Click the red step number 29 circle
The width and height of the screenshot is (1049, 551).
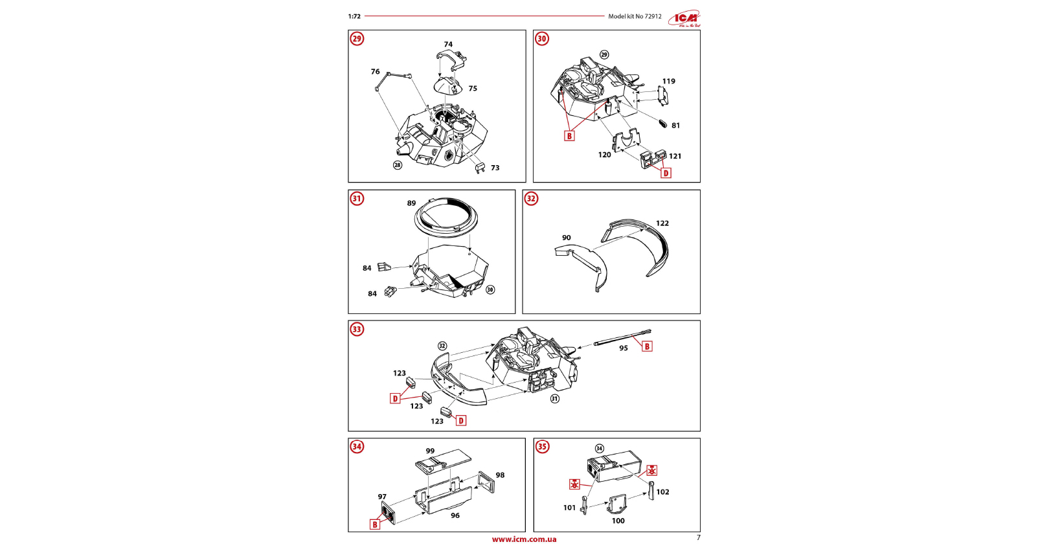pos(357,39)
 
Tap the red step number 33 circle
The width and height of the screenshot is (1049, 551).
pos(357,330)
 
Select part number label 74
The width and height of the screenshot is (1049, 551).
pos(448,45)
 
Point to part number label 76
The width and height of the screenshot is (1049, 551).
pos(376,72)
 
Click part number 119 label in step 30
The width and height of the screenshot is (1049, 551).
pos(669,82)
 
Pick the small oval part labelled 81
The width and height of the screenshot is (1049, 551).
pos(662,123)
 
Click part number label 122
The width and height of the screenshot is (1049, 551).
pos(662,223)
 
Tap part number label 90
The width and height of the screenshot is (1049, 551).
pos(567,238)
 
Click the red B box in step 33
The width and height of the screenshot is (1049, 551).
pos(647,346)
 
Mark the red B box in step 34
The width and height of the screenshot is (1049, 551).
pos(375,524)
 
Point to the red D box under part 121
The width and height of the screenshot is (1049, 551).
pos(666,173)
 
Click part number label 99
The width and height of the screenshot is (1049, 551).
pos(431,451)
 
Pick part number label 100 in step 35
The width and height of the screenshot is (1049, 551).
pos(618,521)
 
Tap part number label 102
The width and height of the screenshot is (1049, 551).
pos(663,492)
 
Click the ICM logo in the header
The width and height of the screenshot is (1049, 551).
pos(685,19)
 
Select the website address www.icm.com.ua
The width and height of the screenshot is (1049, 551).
pos(524,539)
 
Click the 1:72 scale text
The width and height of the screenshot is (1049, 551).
pos(354,17)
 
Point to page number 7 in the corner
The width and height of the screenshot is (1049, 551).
pos(698,537)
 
